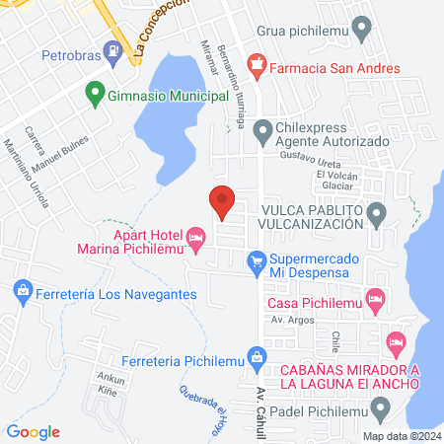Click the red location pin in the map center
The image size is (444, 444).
click(223, 200)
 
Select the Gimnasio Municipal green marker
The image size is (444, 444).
click(96, 94)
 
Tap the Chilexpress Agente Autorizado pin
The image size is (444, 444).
click(262, 130)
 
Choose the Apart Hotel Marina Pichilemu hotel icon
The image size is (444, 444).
click(195, 237)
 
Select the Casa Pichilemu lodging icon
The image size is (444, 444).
click(374, 297)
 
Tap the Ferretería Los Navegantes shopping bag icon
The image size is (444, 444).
click(22, 290)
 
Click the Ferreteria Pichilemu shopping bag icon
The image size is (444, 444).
click(257, 355)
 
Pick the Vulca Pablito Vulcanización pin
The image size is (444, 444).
click(376, 212)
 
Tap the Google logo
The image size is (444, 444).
click(34, 431)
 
